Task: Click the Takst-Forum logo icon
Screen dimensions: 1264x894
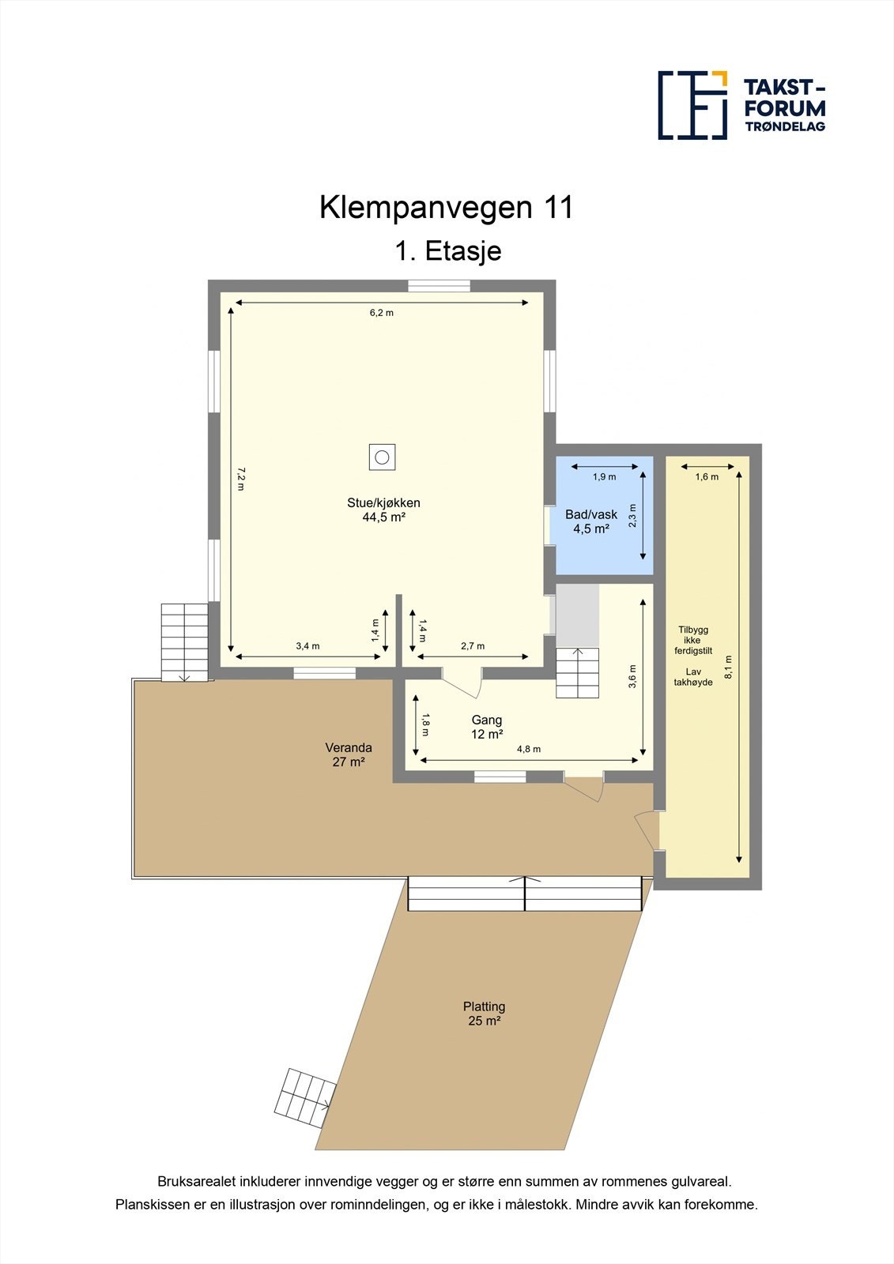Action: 692,105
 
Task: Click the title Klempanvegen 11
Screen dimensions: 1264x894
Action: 446,208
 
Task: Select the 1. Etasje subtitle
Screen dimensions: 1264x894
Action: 448,251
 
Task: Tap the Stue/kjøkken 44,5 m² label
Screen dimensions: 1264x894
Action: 383,510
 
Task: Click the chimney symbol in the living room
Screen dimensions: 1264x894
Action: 382,457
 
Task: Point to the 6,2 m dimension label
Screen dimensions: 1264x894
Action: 381,313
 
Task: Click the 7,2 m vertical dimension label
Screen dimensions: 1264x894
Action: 241,480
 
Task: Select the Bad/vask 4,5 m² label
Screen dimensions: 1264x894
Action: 591,521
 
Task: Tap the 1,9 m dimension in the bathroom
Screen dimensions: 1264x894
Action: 604,477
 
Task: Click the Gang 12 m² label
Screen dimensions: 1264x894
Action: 487,727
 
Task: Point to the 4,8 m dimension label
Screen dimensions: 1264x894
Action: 528,749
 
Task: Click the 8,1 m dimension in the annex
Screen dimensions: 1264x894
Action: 728,668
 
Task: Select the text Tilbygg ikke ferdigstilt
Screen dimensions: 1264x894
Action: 693,640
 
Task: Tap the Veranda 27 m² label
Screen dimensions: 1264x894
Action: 349,754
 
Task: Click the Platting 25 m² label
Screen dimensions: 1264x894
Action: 484,1014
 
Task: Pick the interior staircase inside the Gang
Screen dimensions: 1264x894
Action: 578,672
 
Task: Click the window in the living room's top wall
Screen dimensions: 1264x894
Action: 439,286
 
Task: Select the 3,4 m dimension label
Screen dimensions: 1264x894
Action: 307,646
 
